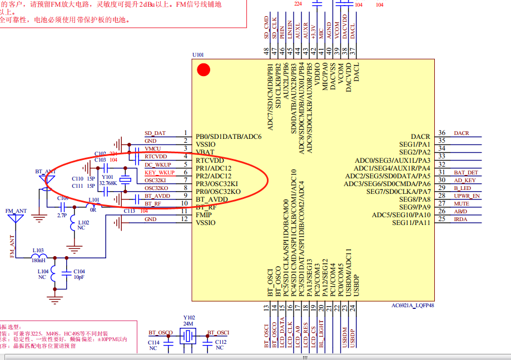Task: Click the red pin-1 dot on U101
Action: click(204, 70)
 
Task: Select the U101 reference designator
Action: click(198, 55)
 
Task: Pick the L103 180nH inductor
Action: click(39, 257)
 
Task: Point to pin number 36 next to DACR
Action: click(441, 133)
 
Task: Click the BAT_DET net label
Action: click(465, 173)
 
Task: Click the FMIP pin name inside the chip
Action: click(204, 214)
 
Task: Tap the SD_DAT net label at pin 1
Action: click(155, 133)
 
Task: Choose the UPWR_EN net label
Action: click(467, 196)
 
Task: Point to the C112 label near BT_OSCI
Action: click(220, 342)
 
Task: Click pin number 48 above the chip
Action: click(266, 51)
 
